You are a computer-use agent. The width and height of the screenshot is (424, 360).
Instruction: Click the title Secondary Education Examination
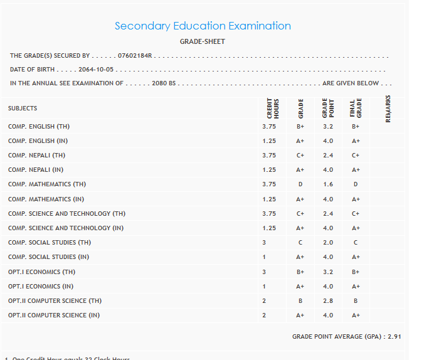pyautogui.click(x=203, y=26)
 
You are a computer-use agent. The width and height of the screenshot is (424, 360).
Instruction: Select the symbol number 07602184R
pyautogui.click(x=135, y=56)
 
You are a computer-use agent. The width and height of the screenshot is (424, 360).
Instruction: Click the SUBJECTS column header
pyautogui.click(x=23, y=109)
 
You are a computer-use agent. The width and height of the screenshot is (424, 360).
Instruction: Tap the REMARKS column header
pyautogui.click(x=388, y=109)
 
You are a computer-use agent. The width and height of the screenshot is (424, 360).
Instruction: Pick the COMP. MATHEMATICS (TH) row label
pyautogui.click(x=47, y=184)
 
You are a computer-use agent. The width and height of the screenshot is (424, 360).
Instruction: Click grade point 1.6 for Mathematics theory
pyautogui.click(x=327, y=184)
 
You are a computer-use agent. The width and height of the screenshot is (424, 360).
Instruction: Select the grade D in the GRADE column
pyautogui.click(x=300, y=184)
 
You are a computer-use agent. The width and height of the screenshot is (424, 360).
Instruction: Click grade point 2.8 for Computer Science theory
pyautogui.click(x=327, y=301)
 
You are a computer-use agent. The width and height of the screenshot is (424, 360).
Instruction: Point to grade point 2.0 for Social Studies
pyautogui.click(x=327, y=243)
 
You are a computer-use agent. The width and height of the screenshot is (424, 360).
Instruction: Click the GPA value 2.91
pyautogui.click(x=394, y=337)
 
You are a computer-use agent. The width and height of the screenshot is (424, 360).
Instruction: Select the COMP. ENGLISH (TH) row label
pyautogui.click(x=39, y=127)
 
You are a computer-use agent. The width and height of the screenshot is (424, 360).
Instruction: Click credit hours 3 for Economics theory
pyautogui.click(x=264, y=272)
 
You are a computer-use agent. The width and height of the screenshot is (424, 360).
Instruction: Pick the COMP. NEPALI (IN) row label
pyautogui.click(x=36, y=170)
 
